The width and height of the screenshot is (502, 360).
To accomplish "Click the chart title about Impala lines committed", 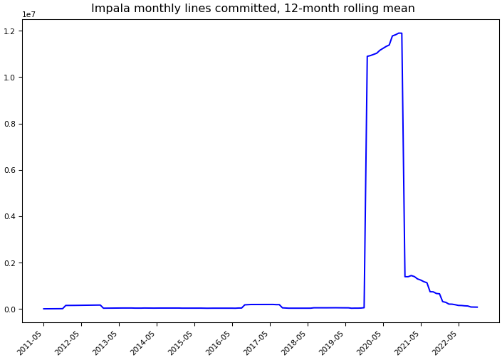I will pos(253,9).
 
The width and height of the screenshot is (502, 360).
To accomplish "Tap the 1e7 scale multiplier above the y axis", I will pos(29,15).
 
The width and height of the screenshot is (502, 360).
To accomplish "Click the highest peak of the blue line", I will pos(400,33).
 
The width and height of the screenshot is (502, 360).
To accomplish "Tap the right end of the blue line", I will pos(477,307).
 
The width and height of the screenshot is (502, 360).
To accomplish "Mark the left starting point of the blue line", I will pos(43,309).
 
